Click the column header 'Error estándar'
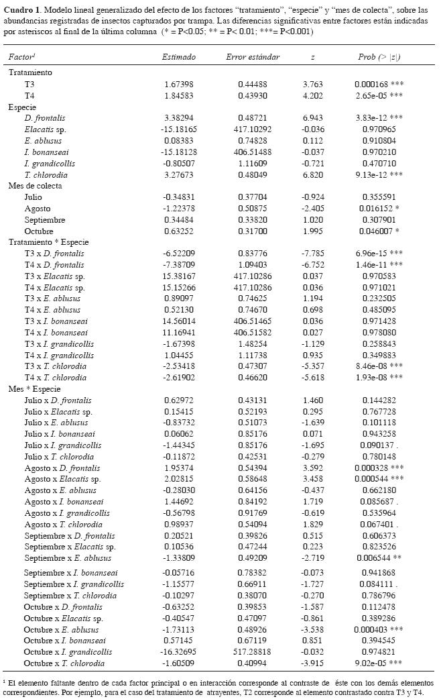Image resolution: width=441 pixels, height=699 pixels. [253, 57]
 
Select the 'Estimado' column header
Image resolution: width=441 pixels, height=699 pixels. [179, 57]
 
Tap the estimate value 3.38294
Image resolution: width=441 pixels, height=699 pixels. [179, 117]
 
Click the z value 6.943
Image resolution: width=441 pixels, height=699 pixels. [313, 117]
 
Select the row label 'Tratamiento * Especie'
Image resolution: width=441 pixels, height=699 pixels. [48, 241]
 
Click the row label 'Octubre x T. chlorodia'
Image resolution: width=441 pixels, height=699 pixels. [64, 663]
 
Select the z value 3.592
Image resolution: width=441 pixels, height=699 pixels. [313, 468]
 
